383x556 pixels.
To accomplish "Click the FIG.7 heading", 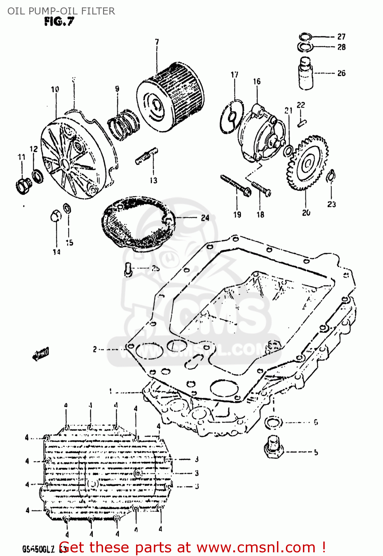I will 59,22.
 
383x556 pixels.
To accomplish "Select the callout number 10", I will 55,89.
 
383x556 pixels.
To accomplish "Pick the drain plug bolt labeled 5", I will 274,446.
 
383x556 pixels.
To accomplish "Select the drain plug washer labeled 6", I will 274,422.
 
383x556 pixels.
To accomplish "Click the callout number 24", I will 205,218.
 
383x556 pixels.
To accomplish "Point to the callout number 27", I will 341,36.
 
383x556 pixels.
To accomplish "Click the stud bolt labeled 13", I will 146,156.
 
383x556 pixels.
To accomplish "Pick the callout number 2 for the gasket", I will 95,349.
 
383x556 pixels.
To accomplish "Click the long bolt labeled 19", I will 235,185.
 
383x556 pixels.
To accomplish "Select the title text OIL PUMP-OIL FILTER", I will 61,11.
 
